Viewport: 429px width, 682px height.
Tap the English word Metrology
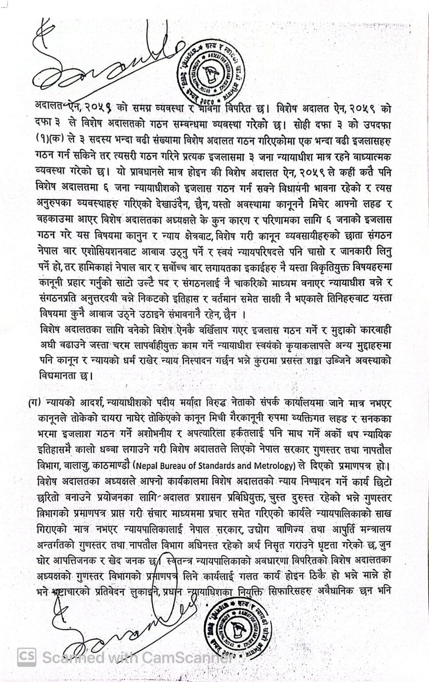point(277,466)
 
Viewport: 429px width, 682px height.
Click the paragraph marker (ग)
point(33,403)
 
